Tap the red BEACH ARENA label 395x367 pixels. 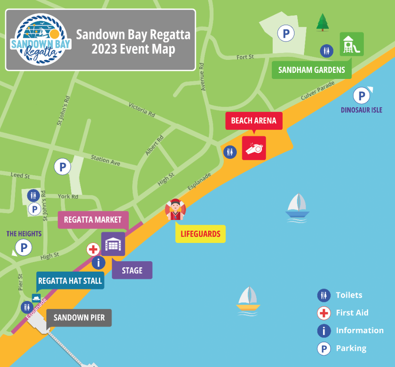pos(254,121)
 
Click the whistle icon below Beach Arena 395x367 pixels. pos(254,148)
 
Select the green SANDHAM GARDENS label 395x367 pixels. pos(311,70)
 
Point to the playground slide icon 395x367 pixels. pos(352,44)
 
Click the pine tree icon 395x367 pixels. pos(322,22)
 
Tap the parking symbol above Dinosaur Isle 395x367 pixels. pos(362,95)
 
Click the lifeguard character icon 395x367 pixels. pos(175,210)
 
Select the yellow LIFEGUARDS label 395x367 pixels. pos(200,234)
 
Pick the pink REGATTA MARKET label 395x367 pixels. pos(93,220)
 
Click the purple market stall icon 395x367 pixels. pos(113,244)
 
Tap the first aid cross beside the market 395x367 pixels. pos(93,249)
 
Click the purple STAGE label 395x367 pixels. pos(132,270)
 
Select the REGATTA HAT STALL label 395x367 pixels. pos(70,281)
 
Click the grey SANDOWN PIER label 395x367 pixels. pos(79,318)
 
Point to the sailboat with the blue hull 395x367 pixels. pos(297,206)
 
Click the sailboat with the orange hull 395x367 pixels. pos(248,299)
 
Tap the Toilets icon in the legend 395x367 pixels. pos(324,295)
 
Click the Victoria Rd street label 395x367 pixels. pos(142,110)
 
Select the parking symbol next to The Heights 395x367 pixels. pos(23,248)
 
